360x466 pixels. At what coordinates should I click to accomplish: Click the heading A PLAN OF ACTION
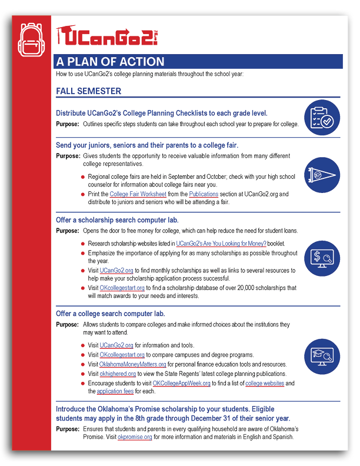pyautogui.click(x=110, y=62)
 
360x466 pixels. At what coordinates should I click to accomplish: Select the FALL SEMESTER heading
pyautogui.click(x=89, y=91)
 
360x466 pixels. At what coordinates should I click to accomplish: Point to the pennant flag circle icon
pyautogui.click(x=322, y=175)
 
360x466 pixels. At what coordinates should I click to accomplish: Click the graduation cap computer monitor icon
pyautogui.click(x=322, y=355)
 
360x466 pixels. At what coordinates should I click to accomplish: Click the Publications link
pyautogui.click(x=204, y=194)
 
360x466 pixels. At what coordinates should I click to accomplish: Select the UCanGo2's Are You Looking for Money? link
pyautogui.click(x=221, y=243)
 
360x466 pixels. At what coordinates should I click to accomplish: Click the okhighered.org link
pyautogui.click(x=118, y=374)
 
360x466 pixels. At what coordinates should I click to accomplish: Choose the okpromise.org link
pyautogui.click(x=135, y=437)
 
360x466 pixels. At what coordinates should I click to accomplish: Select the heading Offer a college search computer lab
pyautogui.click(x=110, y=314)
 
